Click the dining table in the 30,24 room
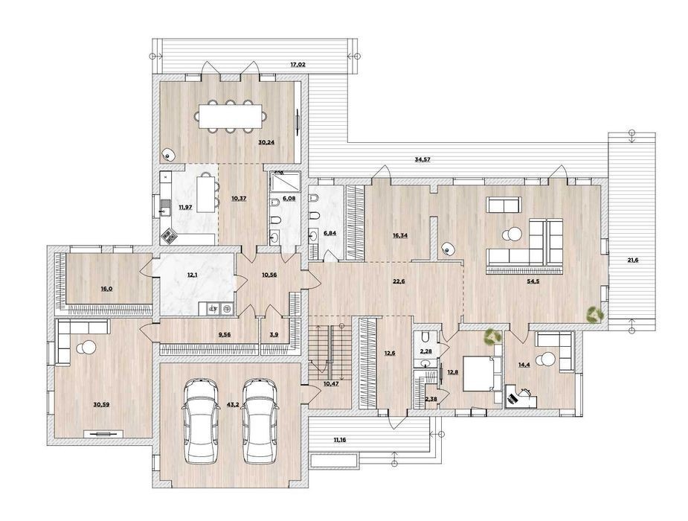(231, 116)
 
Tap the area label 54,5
(533, 282)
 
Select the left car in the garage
(202, 421)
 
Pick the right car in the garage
(260, 421)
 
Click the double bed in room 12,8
(479, 374)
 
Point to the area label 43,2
(232, 404)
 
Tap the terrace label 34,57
(422, 160)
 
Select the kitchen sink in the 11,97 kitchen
(165, 208)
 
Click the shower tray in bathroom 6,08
(286, 182)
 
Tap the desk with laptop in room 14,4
(521, 397)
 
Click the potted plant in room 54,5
(596, 315)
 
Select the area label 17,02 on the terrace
(298, 65)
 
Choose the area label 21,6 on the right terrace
(632, 260)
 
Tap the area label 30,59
(101, 404)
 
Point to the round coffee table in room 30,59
(86, 348)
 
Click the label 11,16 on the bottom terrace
(340, 439)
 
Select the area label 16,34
(399, 235)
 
